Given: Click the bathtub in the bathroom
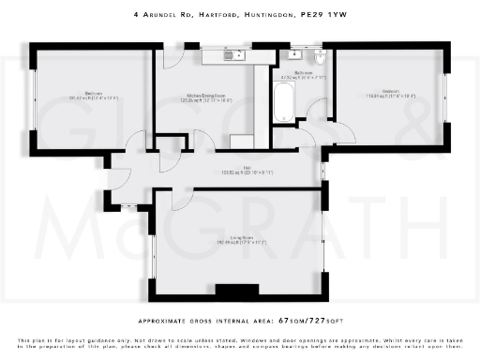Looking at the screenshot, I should (281, 100).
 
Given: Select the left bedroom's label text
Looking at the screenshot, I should (93, 95).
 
